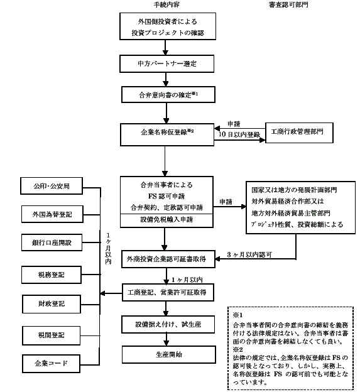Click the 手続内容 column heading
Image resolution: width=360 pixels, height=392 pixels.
click(x=166, y=4)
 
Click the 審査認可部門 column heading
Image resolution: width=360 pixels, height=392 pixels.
click(x=289, y=4)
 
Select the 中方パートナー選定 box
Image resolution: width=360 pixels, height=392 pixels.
click(x=166, y=63)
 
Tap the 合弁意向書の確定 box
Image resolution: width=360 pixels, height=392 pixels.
click(x=168, y=95)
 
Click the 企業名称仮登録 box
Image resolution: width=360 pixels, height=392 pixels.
click(x=167, y=134)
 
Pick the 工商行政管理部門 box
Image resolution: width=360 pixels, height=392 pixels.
click(x=299, y=133)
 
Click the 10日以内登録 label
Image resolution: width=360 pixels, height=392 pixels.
click(x=239, y=134)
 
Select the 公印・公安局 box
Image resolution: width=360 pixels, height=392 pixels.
click(x=52, y=186)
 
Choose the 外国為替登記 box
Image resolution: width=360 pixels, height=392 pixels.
click(x=52, y=214)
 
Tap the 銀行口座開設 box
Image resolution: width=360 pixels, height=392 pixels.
click(x=52, y=242)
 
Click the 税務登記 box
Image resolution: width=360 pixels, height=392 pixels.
click(x=52, y=275)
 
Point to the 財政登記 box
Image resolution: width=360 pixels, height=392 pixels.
click(x=52, y=304)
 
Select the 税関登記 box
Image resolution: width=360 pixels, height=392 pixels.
click(x=52, y=335)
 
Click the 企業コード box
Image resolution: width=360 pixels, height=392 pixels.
click(x=51, y=364)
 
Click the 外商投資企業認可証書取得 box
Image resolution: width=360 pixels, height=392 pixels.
click(x=168, y=259)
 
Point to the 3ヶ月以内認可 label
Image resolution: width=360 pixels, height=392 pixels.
click(x=249, y=255)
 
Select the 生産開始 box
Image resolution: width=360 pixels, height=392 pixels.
click(x=169, y=354)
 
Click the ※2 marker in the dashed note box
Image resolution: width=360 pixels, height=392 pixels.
click(x=237, y=349)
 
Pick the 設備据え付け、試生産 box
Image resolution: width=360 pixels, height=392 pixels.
click(x=168, y=325)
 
